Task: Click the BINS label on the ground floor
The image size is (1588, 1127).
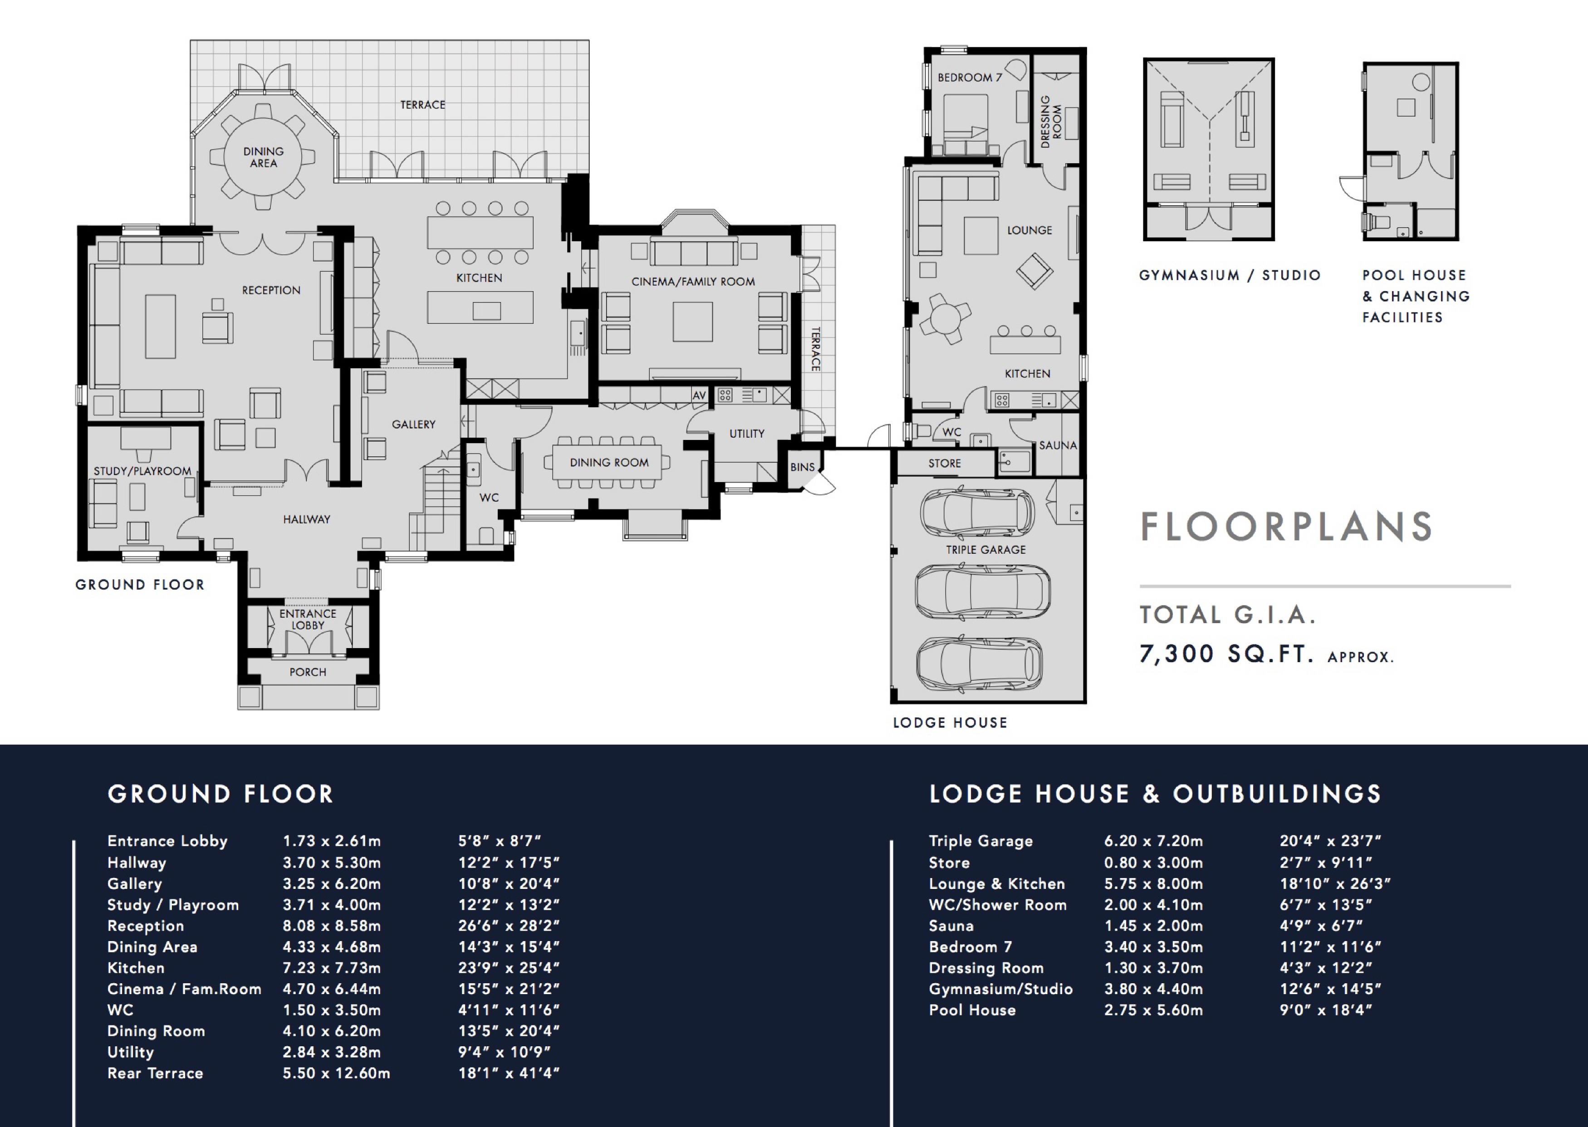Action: pyautogui.click(x=802, y=467)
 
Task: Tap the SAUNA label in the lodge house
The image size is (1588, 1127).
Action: pyautogui.click(x=1058, y=445)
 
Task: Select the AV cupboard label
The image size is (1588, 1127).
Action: pyautogui.click(x=699, y=395)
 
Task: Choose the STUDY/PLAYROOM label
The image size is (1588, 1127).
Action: pyautogui.click(x=142, y=471)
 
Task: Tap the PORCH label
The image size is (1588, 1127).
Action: pyautogui.click(x=308, y=672)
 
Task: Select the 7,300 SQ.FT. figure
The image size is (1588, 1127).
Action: pyautogui.click(x=1227, y=654)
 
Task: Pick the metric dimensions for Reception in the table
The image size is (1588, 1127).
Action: pyautogui.click(x=332, y=926)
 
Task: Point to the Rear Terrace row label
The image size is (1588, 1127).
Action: pyautogui.click(x=156, y=1073)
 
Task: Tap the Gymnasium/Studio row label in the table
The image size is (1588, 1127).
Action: pyautogui.click(x=1001, y=989)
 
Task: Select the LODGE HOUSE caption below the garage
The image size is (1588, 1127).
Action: pyautogui.click(x=950, y=722)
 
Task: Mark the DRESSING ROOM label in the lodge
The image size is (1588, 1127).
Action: pyautogui.click(x=1051, y=122)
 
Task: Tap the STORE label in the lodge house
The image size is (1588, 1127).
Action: pyautogui.click(x=945, y=463)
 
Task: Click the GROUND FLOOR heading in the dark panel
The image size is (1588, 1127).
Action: pyautogui.click(x=221, y=794)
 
